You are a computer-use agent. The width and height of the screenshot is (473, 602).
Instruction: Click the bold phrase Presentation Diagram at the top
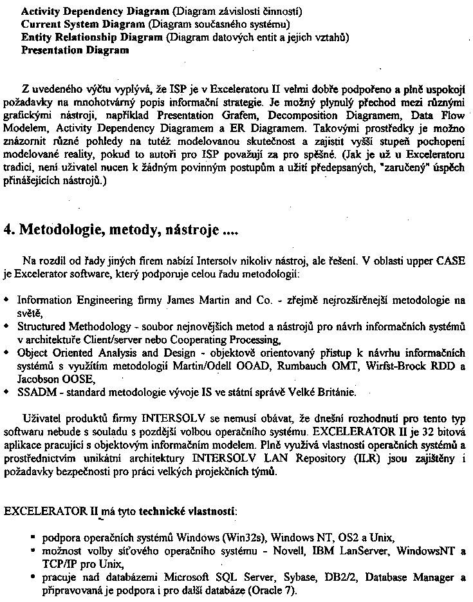coord(75,51)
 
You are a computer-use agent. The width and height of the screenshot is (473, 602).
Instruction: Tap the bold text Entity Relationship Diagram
coord(92,37)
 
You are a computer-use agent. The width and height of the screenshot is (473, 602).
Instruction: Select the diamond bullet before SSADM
coord(6,391)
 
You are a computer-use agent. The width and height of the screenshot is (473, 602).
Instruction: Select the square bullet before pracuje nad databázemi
coord(32,577)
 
